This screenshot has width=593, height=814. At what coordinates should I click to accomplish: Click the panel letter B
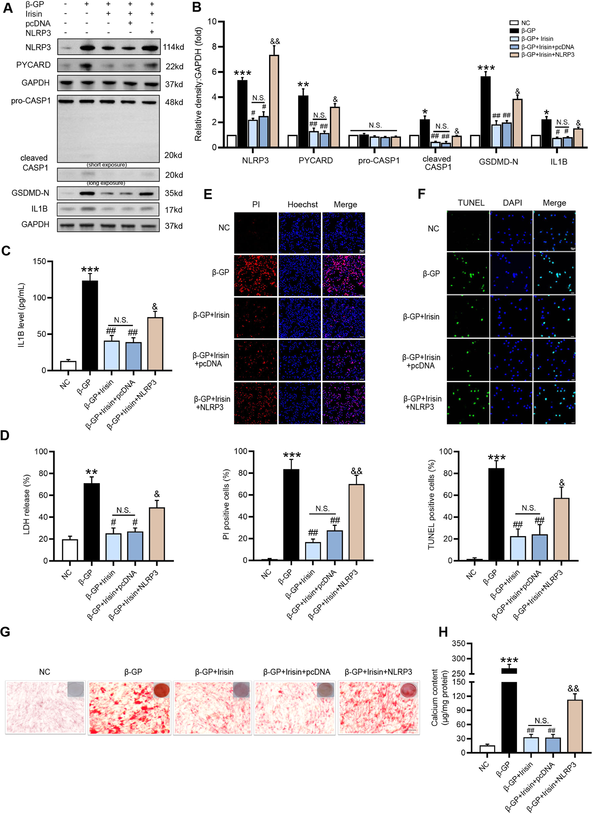196,7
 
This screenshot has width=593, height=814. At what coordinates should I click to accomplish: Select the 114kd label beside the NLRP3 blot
173,47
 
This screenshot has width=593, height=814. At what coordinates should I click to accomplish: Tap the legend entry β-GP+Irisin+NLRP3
547,55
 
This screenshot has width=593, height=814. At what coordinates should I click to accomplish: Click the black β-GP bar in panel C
90,325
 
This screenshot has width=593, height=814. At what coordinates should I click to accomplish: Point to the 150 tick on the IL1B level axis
39,261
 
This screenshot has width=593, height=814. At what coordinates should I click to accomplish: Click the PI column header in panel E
256,204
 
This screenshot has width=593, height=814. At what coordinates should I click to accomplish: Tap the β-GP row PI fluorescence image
256,275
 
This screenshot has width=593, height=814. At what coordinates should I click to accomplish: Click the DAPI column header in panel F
512,203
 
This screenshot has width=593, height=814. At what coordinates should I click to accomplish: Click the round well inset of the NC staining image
75,689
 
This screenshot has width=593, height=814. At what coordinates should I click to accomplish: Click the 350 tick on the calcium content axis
458,643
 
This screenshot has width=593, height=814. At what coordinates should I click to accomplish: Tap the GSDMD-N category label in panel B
498,161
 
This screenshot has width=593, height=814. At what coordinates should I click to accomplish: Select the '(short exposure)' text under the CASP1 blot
107,165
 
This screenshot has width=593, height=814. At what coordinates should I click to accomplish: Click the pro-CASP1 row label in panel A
31,101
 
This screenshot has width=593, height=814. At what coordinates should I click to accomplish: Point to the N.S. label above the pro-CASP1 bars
375,125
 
